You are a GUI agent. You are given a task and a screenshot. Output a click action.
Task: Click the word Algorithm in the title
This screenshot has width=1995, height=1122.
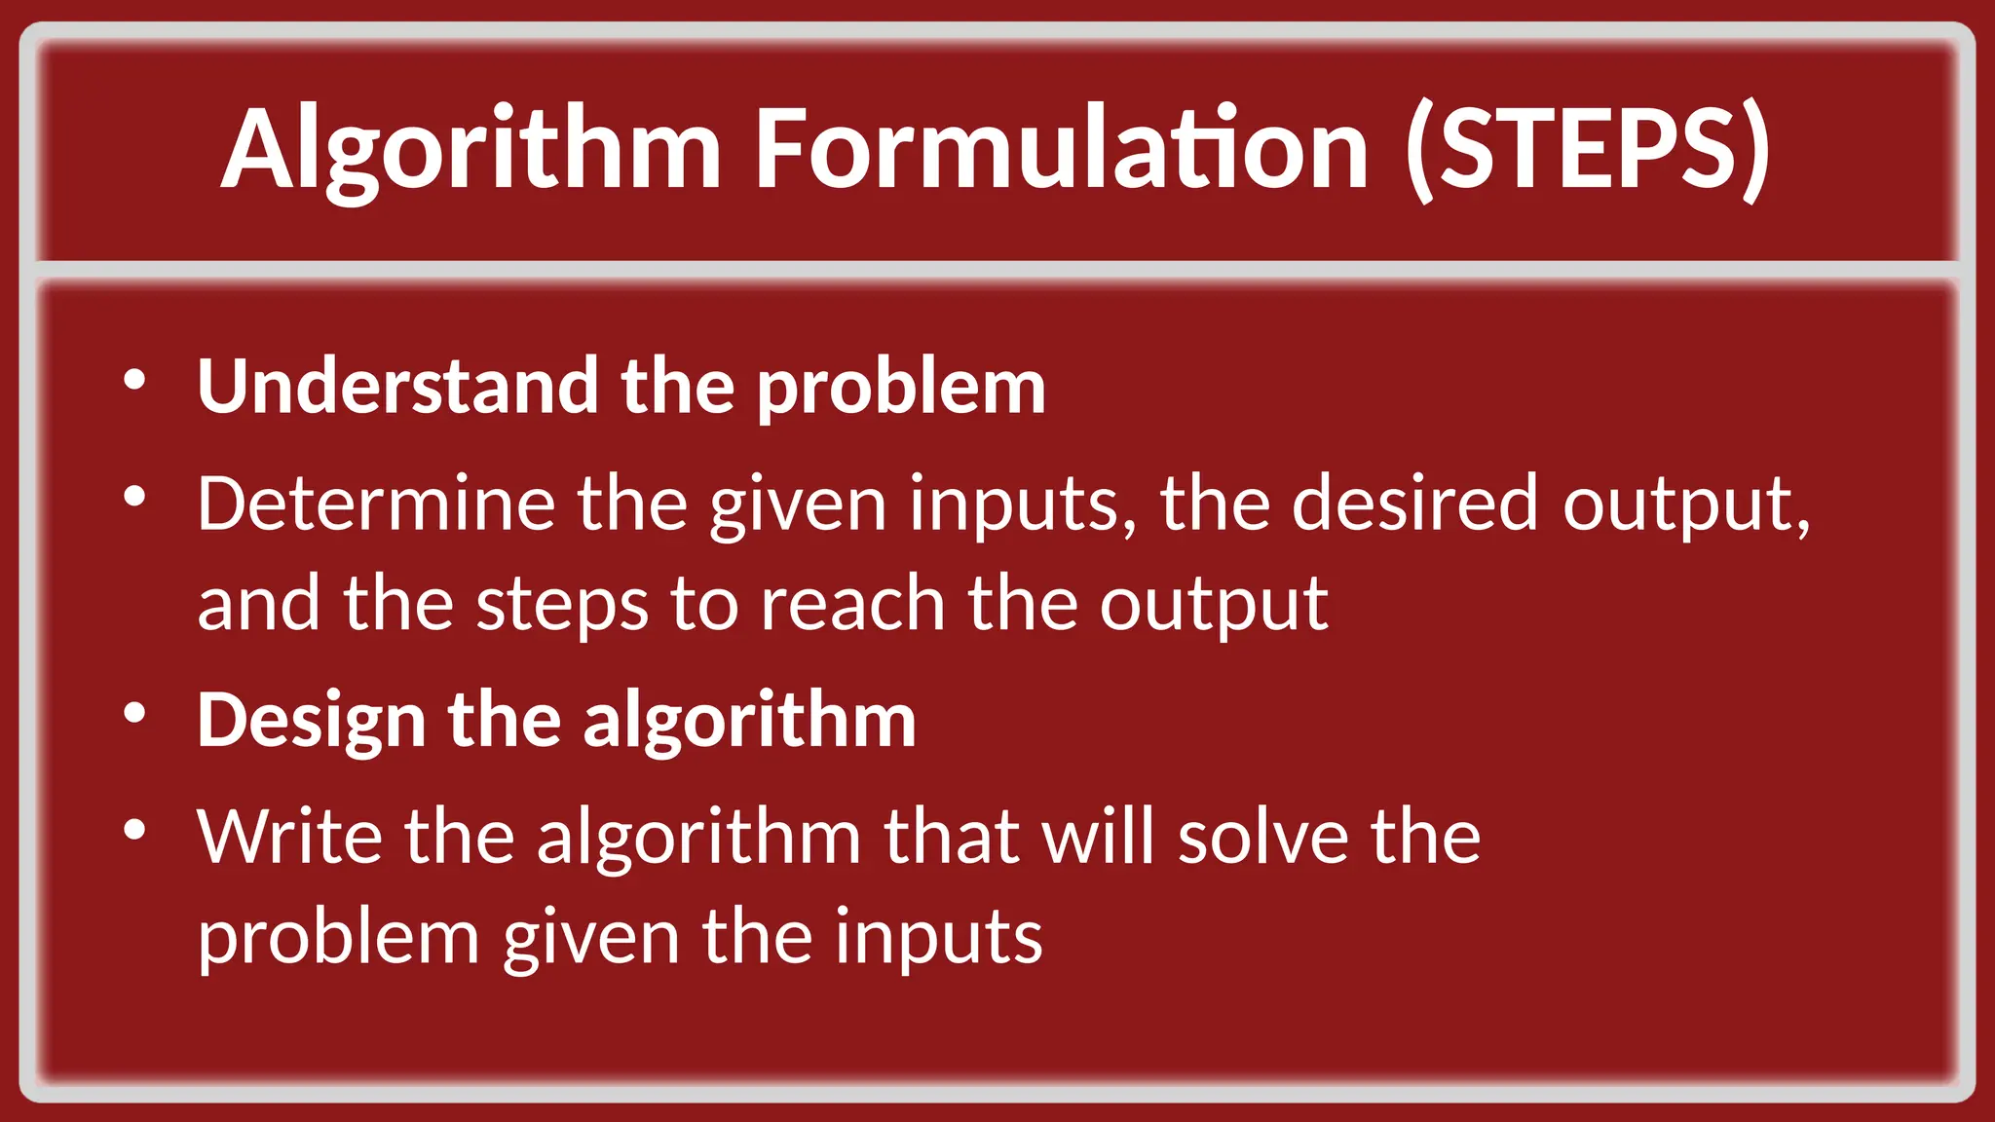(x=471, y=151)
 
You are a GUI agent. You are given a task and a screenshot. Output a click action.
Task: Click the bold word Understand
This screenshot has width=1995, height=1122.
(x=397, y=387)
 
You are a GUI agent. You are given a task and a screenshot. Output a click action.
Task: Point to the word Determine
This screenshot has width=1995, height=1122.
(x=375, y=504)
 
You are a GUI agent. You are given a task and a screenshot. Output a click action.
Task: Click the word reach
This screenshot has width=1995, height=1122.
(x=852, y=604)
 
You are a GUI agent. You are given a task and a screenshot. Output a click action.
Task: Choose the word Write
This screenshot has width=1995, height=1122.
(x=289, y=837)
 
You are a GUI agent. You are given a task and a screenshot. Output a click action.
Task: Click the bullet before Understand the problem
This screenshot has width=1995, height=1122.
(x=135, y=380)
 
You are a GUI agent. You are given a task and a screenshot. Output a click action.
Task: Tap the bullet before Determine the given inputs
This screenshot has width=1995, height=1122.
(x=135, y=498)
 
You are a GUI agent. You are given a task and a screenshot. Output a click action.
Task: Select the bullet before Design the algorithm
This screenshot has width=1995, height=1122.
(x=135, y=714)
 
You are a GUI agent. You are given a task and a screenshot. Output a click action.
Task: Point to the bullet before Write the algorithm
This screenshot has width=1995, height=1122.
(x=135, y=831)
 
